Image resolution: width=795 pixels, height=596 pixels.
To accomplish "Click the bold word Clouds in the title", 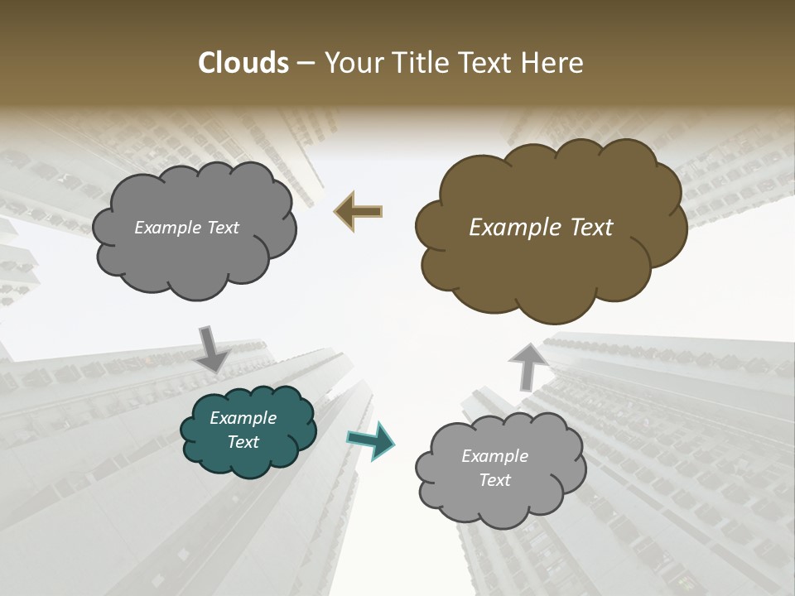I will [x=243, y=63].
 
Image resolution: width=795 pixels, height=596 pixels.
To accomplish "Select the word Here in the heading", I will [x=554, y=63].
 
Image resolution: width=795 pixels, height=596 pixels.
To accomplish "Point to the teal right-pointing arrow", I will [x=371, y=440].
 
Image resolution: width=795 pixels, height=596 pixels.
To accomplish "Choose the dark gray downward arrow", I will [x=212, y=348].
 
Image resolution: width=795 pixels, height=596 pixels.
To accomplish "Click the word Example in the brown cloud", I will [x=512, y=228].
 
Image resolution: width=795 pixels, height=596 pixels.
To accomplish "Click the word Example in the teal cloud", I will [x=243, y=418].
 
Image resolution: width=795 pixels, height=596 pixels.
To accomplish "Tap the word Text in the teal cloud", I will [x=243, y=442].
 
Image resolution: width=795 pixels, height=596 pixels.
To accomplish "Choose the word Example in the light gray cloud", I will [x=494, y=456].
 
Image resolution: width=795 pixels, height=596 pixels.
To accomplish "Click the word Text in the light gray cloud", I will [x=495, y=480].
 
